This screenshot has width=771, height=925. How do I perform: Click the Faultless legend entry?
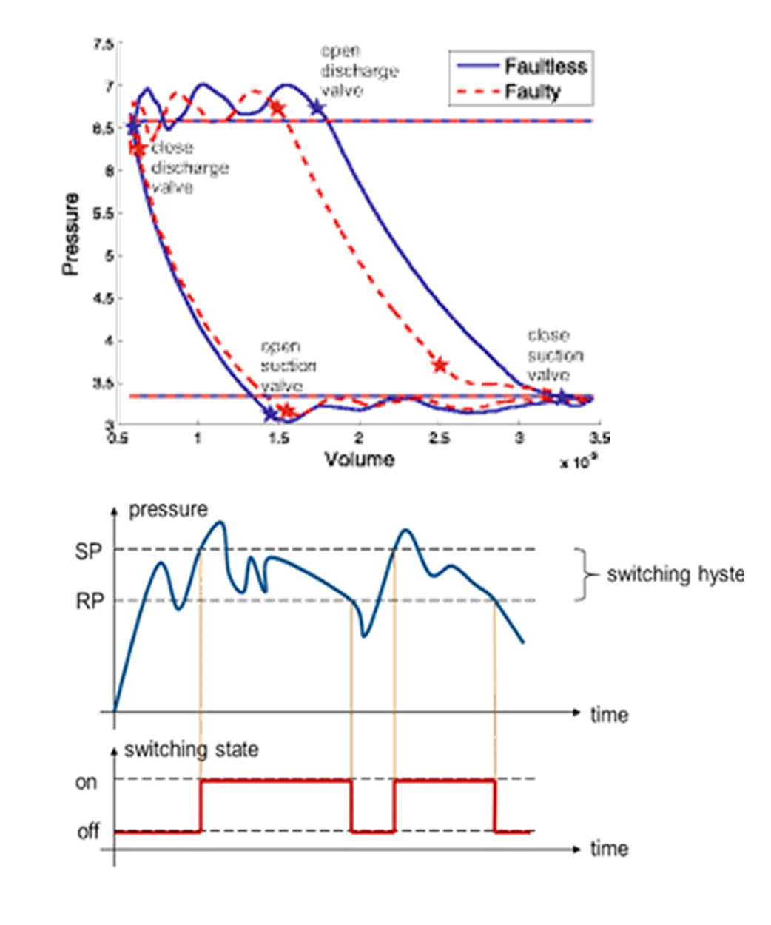546,67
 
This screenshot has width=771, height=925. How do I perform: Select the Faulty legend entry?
533,92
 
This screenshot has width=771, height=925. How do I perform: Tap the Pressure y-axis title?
70,235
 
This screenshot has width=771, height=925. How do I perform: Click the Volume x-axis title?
359,460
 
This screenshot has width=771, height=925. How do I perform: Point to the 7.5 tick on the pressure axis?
103,44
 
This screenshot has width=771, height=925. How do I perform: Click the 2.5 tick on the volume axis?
439,439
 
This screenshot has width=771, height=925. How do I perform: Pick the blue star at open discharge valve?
318,108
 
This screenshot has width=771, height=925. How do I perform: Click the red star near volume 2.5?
440,365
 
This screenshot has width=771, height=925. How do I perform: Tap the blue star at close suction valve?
562,397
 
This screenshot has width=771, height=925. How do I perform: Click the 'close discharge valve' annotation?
189,168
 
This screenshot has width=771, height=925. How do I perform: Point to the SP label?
88,551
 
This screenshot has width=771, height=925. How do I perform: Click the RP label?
89,602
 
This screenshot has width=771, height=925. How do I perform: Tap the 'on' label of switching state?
87,781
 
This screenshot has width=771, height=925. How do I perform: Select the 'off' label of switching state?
88,832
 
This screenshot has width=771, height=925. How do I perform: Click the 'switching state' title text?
192,750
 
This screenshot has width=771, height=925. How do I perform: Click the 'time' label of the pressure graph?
609,715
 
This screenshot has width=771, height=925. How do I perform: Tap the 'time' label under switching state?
609,849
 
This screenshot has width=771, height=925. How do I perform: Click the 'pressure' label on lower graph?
168,510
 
